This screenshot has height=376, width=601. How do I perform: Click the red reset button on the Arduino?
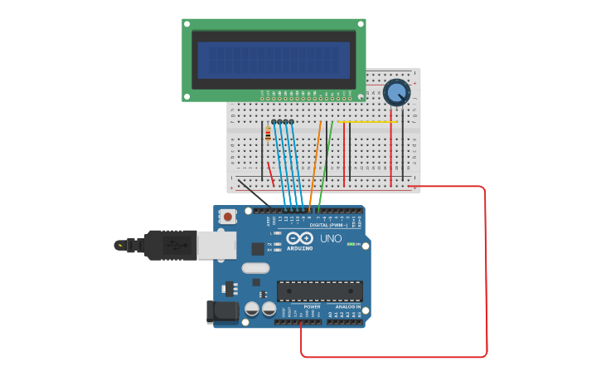pos(227,217)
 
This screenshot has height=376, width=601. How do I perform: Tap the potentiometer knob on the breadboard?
pos(396,92)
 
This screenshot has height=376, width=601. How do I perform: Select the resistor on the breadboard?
pos(267,133)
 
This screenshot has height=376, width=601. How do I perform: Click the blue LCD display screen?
pos(274,60)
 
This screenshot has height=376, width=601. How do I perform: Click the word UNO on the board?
pos(331,238)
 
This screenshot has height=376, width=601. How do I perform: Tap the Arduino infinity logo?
pos(298,237)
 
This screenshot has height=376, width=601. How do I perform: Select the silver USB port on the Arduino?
pos(216,245)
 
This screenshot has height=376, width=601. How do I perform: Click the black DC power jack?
pos(221,311)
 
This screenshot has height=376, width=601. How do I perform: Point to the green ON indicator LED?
pos(351,244)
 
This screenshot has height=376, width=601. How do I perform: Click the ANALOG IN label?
pos(346,306)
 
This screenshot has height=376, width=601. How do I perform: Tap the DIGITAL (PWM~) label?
pos(330,225)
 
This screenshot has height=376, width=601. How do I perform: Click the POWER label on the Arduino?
pos(312,306)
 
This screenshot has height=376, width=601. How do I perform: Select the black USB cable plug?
pos(170,245)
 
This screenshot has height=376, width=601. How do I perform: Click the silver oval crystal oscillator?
pos(256,268)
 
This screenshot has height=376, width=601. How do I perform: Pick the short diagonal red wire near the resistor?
pos(270,173)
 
